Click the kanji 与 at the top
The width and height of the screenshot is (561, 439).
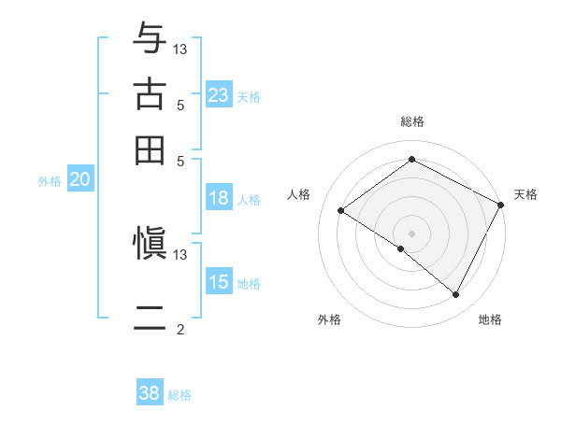click(x=150, y=38)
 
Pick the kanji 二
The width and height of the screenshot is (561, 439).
click(x=150, y=319)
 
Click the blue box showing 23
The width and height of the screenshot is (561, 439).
click(x=218, y=95)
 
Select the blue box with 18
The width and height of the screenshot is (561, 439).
click(x=218, y=198)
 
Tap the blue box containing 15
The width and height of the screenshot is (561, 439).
click(x=218, y=282)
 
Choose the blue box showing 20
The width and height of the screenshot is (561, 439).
click(x=79, y=180)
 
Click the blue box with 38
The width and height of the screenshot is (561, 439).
click(x=150, y=393)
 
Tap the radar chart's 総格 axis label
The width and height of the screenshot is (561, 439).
click(x=411, y=121)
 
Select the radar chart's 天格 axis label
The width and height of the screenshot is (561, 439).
click(x=525, y=194)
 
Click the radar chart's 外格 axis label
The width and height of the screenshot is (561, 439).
click(x=329, y=319)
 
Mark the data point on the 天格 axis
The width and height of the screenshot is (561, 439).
click(x=500, y=205)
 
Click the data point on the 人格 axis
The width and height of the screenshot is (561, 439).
click(x=341, y=211)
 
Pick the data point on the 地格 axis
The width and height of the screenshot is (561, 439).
click(x=456, y=294)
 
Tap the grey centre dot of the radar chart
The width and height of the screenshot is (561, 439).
click(x=411, y=233)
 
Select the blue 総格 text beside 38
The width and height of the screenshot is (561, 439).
click(x=180, y=395)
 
